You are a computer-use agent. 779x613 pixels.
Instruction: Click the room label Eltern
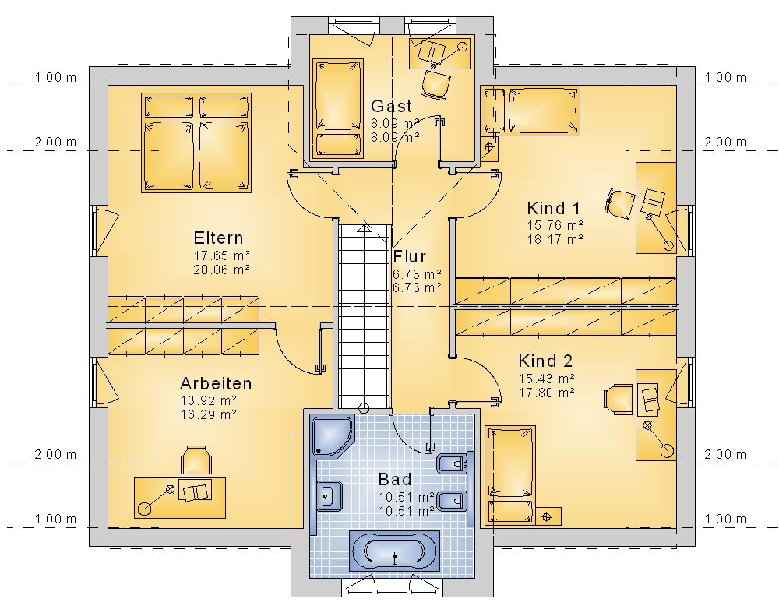(219, 238)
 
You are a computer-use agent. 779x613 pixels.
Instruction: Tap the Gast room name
(392, 106)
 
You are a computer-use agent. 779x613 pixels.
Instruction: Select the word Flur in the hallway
(410, 257)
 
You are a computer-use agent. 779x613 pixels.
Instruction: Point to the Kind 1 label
(553, 208)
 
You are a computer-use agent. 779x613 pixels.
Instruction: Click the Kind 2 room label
(545, 361)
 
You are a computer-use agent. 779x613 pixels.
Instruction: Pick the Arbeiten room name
(216, 383)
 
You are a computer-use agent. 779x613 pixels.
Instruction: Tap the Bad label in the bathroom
(395, 479)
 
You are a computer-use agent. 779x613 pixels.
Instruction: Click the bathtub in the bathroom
(394, 551)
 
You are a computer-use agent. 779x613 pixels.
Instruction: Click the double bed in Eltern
(196, 143)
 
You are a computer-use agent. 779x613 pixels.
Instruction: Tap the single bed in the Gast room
(338, 109)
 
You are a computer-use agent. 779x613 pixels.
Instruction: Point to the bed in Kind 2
(510, 475)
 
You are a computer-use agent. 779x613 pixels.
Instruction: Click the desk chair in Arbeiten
(196, 460)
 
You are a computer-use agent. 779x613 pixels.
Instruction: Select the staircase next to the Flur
(364, 316)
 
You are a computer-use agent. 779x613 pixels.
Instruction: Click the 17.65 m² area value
(221, 255)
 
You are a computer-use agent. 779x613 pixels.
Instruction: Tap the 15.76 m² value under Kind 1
(555, 226)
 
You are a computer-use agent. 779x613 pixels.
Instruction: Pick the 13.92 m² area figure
(208, 400)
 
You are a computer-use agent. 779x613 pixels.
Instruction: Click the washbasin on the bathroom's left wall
(329, 495)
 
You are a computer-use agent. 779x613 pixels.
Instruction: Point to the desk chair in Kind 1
(620, 203)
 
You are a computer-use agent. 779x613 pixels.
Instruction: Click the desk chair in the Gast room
(435, 83)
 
